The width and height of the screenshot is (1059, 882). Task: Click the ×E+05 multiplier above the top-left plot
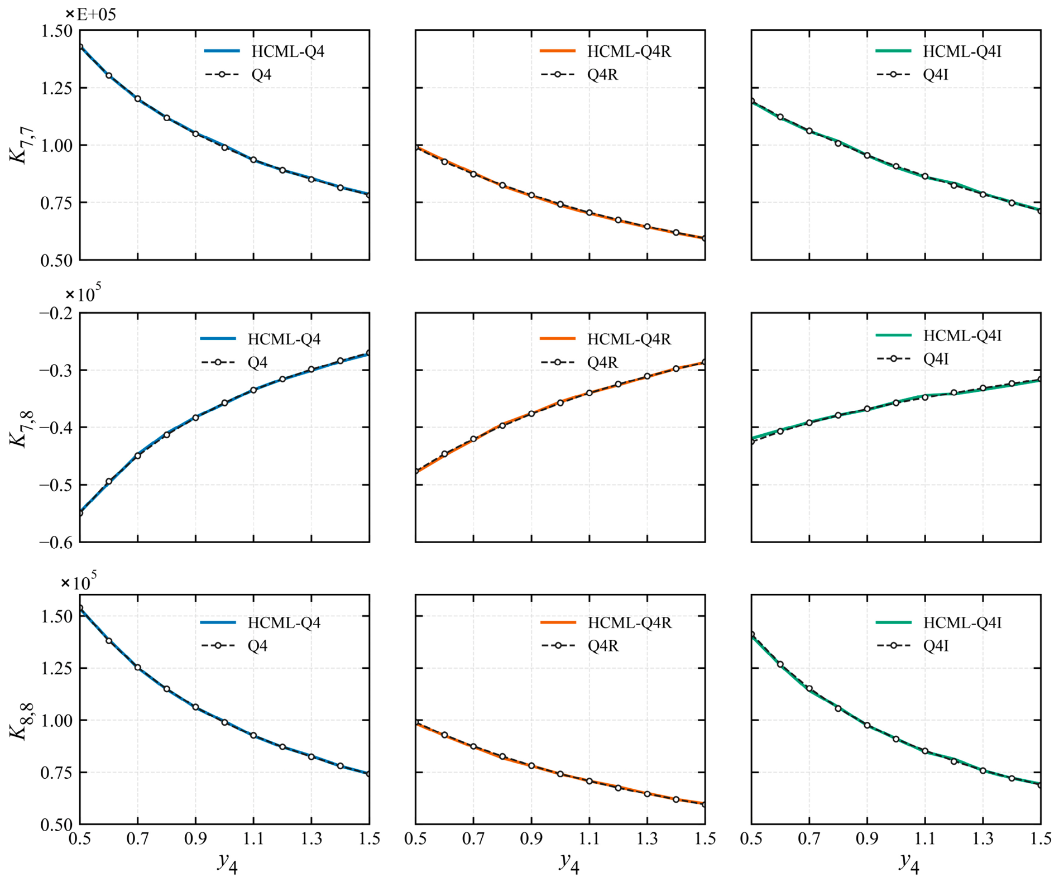(x=91, y=14)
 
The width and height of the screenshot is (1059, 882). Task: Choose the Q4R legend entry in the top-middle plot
(x=579, y=75)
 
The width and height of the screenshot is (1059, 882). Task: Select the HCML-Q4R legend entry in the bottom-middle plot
(x=606, y=622)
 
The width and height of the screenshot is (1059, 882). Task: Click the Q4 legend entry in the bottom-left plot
(x=234, y=646)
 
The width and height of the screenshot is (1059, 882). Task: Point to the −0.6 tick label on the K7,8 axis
(x=56, y=543)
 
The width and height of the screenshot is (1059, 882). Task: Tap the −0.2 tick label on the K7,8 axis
(x=56, y=313)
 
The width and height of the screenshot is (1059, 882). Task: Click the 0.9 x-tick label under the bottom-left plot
(x=195, y=838)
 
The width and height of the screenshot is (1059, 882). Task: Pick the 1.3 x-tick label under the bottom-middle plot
(x=647, y=838)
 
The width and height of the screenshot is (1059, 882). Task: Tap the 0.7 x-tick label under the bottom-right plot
(x=809, y=838)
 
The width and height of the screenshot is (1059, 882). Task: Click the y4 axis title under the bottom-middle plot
(x=569, y=863)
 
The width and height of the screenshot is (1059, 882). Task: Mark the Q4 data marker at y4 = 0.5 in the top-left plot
(x=80, y=47)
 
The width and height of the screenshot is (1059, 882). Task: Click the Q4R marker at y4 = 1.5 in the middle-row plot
(x=705, y=362)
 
